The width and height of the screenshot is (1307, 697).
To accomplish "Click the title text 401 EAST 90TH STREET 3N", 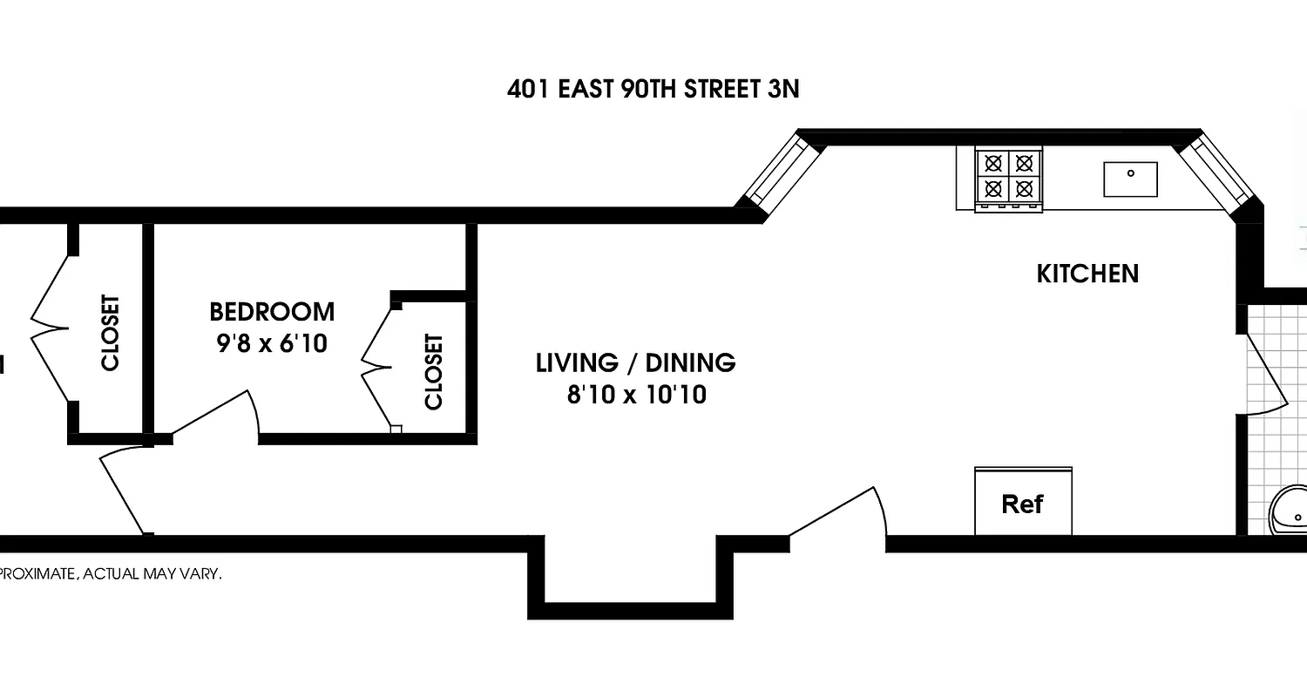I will (x=653, y=89).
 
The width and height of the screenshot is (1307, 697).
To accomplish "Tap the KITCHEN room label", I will (x=1087, y=274).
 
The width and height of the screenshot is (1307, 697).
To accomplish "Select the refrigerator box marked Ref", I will (x=1023, y=503).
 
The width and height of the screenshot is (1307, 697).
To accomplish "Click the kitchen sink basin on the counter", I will (x=1130, y=179).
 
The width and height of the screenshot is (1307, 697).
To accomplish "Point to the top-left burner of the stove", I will (x=992, y=163).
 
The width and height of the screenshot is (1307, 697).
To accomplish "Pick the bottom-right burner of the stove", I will (x=1025, y=187).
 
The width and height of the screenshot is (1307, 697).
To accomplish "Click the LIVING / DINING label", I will (x=635, y=362).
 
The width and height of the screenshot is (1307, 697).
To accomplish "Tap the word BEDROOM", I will (x=272, y=311).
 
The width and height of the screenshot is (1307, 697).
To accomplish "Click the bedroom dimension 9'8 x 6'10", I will (x=272, y=344).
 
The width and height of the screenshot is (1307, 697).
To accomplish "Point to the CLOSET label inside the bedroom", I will (x=433, y=371).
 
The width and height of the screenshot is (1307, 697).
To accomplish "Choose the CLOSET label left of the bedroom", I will (x=110, y=333).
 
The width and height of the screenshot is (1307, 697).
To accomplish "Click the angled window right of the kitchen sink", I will (x=1218, y=172).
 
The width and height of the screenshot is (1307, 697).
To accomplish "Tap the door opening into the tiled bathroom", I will (x=1265, y=375).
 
